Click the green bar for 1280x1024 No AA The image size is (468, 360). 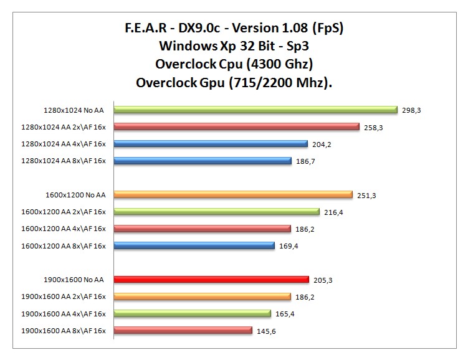point(255,110)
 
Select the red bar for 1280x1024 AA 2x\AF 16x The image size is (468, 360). point(237,127)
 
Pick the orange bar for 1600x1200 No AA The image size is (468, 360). point(233,195)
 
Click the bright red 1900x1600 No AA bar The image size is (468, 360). point(211,280)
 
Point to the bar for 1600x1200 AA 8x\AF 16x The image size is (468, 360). point(194,246)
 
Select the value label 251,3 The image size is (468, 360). point(366,196)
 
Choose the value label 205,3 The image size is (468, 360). point(323,280)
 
